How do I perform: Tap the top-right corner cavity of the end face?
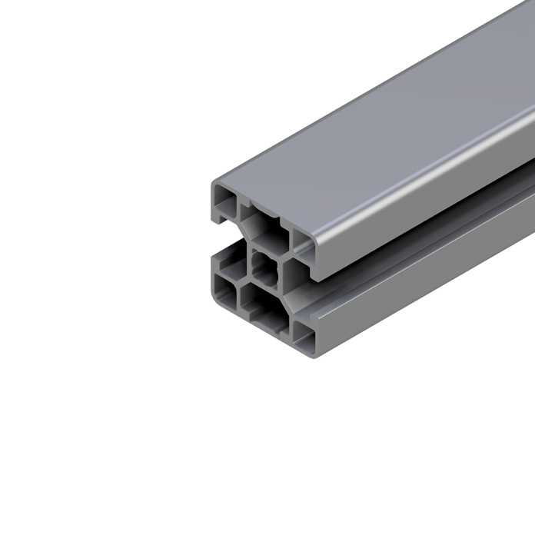click(301, 242)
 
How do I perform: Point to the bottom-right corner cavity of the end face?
click(301, 335)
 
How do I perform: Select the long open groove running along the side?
click(415, 246)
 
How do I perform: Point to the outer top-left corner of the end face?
click(214, 185)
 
